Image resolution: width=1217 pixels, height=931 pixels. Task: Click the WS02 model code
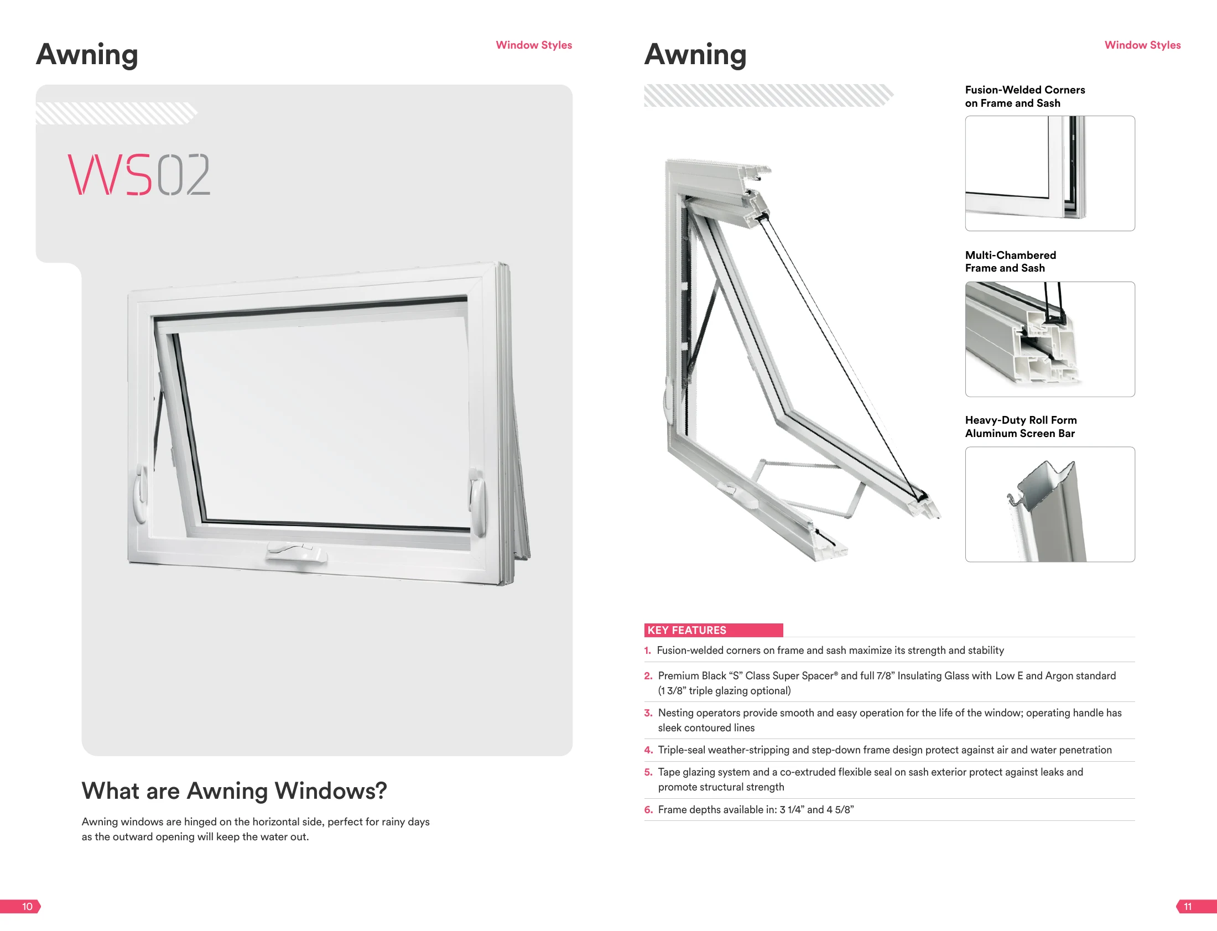[139, 175]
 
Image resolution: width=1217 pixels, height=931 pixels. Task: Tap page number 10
[27, 907]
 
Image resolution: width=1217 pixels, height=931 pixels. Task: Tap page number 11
[1188, 907]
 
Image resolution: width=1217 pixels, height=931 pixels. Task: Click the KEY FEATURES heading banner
[713, 630]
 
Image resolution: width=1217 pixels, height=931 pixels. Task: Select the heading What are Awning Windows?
[234, 791]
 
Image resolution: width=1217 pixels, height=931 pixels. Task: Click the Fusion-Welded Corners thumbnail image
[1049, 174]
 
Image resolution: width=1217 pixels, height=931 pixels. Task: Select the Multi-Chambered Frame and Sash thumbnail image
[1049, 339]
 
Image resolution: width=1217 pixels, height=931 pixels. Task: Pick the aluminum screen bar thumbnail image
[1049, 504]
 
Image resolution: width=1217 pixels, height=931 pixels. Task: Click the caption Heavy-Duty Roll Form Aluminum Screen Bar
[1021, 427]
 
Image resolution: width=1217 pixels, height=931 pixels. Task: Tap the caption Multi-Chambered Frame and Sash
[1010, 262]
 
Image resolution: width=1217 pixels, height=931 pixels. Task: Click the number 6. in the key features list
[648, 810]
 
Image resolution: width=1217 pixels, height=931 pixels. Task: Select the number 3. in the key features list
[648, 712]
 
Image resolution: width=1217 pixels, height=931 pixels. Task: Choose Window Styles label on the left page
[534, 45]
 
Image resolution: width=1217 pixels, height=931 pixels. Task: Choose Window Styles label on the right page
[1142, 45]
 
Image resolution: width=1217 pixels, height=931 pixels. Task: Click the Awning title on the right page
[695, 55]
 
